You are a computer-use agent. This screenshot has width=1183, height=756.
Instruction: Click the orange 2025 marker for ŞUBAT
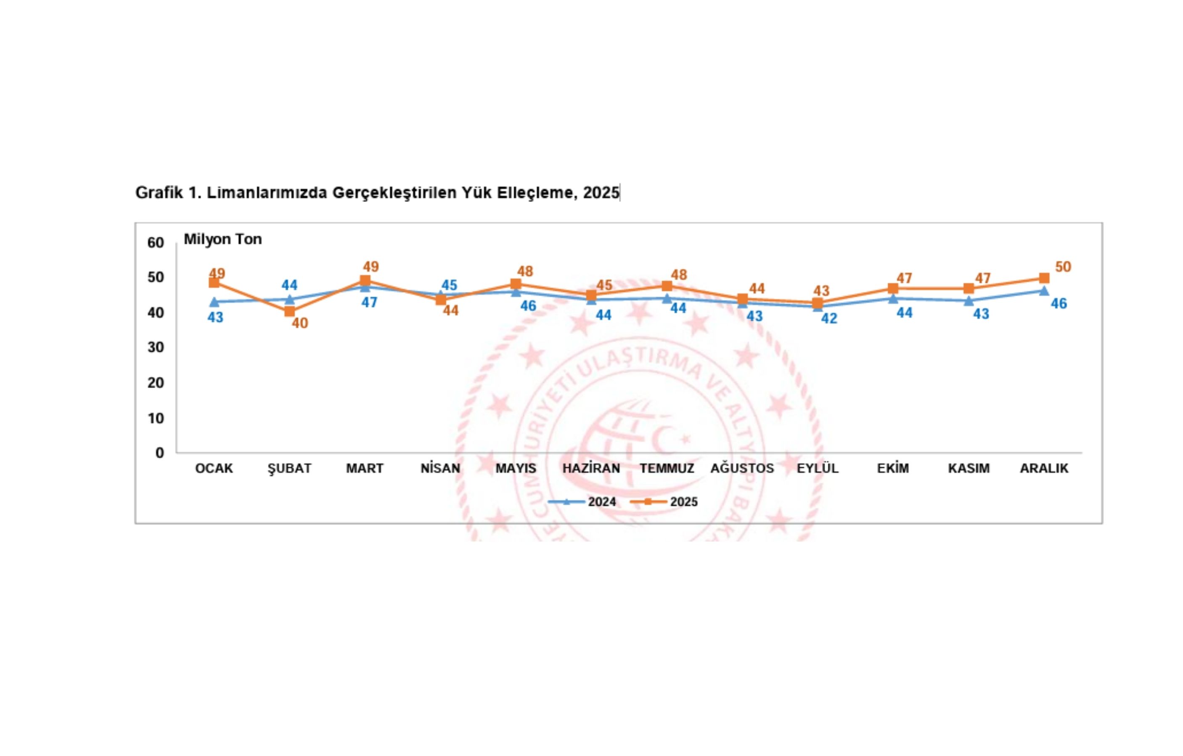click(x=289, y=311)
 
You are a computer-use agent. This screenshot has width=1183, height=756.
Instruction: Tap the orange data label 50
click(x=1063, y=267)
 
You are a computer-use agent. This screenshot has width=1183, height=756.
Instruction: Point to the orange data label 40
click(x=300, y=324)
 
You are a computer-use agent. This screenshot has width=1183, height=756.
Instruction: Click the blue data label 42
click(x=829, y=318)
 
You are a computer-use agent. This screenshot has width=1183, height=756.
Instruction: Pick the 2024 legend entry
click(x=582, y=502)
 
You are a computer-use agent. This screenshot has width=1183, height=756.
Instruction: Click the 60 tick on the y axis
click(x=156, y=242)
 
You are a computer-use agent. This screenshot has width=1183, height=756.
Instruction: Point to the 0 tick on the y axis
click(x=160, y=453)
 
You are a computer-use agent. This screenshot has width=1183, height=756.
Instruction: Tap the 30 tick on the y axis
click(x=156, y=347)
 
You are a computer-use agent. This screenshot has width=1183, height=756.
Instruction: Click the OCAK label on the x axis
click(x=214, y=468)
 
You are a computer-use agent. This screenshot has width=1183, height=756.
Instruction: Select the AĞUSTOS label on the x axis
click(x=742, y=468)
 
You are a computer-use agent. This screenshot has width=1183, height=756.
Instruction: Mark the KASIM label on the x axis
click(x=969, y=468)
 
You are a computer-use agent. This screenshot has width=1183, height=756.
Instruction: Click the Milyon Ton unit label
click(x=222, y=239)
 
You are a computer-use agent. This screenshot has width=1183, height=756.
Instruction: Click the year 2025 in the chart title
click(x=601, y=193)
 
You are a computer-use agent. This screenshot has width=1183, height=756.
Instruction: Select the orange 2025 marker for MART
click(x=365, y=281)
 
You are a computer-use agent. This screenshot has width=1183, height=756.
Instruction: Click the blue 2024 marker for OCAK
click(x=214, y=302)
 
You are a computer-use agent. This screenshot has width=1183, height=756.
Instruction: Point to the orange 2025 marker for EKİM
click(x=893, y=289)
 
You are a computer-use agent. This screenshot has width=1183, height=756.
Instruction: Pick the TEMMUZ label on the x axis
click(x=667, y=468)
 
